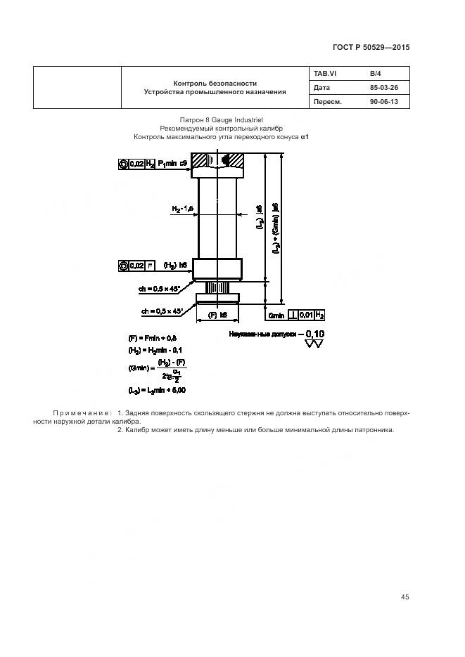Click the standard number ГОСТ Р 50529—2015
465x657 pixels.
[370, 47]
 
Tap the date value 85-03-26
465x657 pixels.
[383, 88]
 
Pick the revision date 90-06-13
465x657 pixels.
[383, 102]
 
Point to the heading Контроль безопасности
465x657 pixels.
[215, 82]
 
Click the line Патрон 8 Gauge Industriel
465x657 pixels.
[222, 121]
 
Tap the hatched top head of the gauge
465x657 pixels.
[220, 164]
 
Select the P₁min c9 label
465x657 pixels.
[172, 164]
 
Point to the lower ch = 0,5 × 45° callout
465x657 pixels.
[163, 311]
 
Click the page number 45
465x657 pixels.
[405, 597]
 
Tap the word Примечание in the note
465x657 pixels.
[82, 412]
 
